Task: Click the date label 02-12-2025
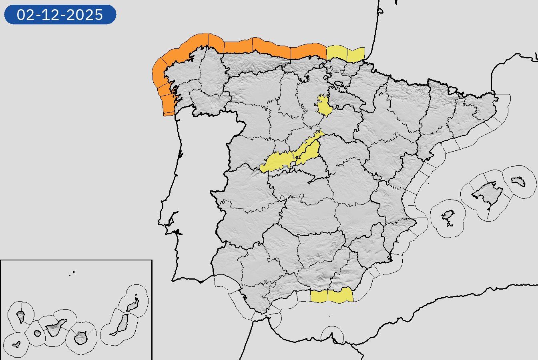coord(60,15)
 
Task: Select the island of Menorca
coord(518,181)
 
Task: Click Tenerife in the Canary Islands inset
coord(55,329)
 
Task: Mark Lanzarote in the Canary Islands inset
coord(132,306)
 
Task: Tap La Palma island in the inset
coord(21,317)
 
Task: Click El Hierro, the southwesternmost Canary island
coord(16,344)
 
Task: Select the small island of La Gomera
coord(38,333)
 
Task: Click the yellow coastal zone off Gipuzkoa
coord(355,55)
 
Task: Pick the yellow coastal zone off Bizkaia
coord(336,53)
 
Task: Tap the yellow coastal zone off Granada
coord(319,296)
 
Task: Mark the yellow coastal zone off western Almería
coord(340,296)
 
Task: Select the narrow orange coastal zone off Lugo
coord(216,42)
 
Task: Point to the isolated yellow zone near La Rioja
coord(324,105)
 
